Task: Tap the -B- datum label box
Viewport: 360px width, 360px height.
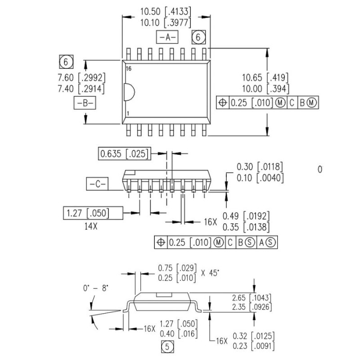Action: [x=84, y=103]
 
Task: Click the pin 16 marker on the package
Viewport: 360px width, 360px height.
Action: [x=129, y=69]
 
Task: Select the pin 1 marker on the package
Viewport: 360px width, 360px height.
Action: [x=128, y=114]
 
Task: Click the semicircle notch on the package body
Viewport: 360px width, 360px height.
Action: [x=129, y=92]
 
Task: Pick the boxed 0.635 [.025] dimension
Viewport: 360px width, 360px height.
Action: [x=124, y=153]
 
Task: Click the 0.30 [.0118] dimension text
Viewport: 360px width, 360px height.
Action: [x=260, y=167]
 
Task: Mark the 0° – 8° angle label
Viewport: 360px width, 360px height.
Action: [x=96, y=288]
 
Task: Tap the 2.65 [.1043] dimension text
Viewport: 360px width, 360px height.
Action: [x=251, y=297]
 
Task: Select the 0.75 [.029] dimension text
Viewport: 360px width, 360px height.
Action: [x=176, y=268]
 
